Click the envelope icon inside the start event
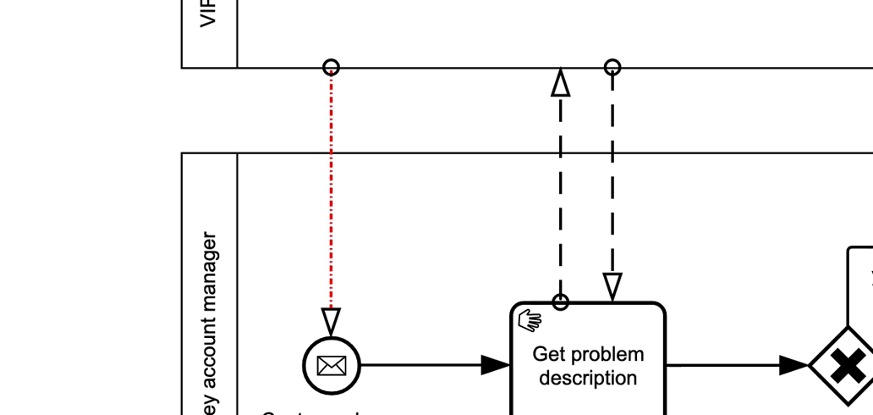332,366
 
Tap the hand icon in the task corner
530,321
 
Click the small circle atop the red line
332,67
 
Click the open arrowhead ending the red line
332,321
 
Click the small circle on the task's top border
560,302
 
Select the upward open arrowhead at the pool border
560,83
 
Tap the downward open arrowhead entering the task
612,287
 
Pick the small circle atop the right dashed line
612,67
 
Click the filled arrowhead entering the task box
496,366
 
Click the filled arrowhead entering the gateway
793,366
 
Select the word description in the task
588,378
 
